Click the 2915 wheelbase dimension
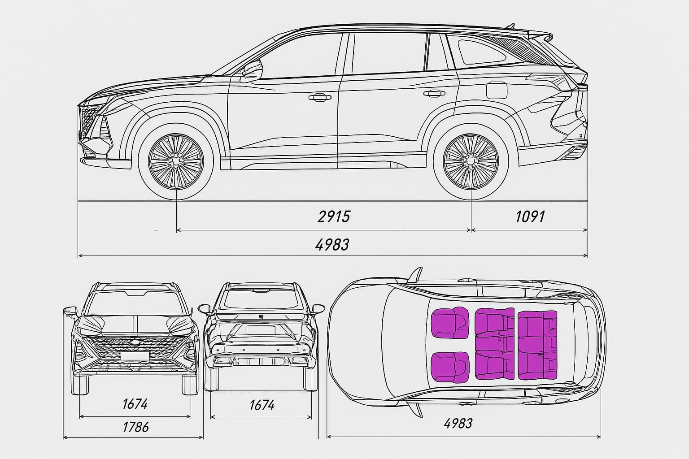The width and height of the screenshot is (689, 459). pyautogui.click(x=334, y=217)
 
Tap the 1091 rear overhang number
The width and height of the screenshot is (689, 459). pyautogui.click(x=530, y=217)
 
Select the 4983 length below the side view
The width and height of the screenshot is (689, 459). pyautogui.click(x=332, y=245)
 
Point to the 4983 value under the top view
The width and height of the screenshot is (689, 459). pyautogui.click(x=458, y=424)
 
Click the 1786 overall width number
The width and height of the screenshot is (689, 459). pyautogui.click(x=135, y=427)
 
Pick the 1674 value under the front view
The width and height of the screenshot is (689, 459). pyautogui.click(x=135, y=404)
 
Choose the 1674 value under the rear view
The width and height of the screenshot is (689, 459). pyautogui.click(x=262, y=405)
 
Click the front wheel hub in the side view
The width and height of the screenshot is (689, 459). pyautogui.click(x=176, y=161)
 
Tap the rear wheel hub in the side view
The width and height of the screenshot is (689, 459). pyautogui.click(x=471, y=161)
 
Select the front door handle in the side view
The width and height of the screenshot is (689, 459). pyautogui.click(x=320, y=97)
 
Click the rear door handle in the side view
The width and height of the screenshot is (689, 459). pyautogui.click(x=434, y=93)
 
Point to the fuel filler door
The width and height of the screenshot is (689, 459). pyautogui.click(x=497, y=91)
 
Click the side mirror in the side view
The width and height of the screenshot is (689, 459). pyautogui.click(x=252, y=71)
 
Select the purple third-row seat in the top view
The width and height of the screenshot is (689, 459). pyautogui.click(x=537, y=345)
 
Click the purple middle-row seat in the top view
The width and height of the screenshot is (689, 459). pyautogui.click(x=495, y=343)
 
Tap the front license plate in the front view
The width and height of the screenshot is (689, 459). pyautogui.click(x=135, y=356)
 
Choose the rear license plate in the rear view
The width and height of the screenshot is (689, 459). pyautogui.click(x=261, y=330)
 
